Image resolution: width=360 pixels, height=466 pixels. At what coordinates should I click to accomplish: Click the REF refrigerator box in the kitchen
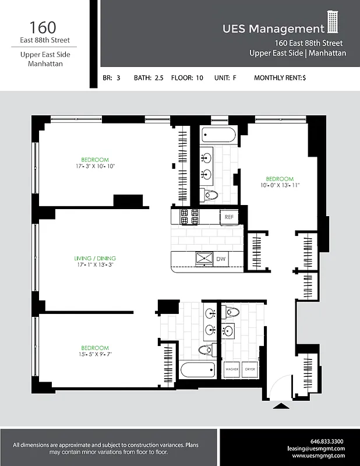tap(230, 217)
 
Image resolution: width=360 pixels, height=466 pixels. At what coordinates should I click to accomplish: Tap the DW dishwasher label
tap(221, 259)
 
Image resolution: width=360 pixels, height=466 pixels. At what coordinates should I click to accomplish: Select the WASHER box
tap(232, 369)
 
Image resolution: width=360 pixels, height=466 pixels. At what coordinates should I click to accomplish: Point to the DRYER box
tap(249, 369)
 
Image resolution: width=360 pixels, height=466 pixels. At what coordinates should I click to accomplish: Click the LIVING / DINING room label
tap(95, 258)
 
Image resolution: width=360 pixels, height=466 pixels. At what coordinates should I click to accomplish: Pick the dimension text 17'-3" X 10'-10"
tap(95, 167)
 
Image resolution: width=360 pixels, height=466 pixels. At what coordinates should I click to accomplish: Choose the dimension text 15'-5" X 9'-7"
tap(95, 354)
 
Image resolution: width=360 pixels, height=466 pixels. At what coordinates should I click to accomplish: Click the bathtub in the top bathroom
tap(219, 136)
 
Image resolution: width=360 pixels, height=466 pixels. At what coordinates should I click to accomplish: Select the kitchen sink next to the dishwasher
tap(204, 259)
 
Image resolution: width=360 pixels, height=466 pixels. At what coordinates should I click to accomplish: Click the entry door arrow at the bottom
tap(281, 406)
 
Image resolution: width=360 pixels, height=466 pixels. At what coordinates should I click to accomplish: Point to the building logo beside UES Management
tap(333, 23)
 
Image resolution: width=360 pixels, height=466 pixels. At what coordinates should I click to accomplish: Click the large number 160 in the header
tap(44, 27)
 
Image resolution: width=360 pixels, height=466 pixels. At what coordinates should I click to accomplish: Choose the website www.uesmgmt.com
tap(319, 456)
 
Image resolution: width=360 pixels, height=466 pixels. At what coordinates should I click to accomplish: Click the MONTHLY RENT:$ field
tap(280, 77)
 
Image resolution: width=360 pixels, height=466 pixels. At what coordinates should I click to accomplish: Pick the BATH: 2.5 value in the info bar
tap(149, 77)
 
